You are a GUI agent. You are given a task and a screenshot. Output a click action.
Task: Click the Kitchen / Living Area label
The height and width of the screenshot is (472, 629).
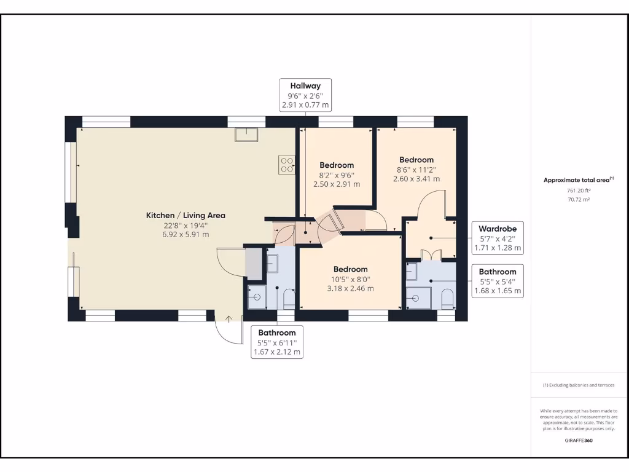(185, 215)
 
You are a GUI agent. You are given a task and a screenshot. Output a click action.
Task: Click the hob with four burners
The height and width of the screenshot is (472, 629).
(287, 164)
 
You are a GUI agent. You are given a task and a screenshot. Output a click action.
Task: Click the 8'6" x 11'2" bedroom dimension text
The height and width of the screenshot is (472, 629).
(416, 170)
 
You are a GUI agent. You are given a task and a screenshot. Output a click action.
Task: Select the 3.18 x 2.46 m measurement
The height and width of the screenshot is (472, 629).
(350, 288)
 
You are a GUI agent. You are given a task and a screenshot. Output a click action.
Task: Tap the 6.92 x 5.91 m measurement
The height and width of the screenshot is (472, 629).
(185, 234)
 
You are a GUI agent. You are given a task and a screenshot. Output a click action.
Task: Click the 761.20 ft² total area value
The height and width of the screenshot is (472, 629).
(578, 191)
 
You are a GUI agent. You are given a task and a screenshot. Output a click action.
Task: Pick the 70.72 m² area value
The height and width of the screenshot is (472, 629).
(578, 200)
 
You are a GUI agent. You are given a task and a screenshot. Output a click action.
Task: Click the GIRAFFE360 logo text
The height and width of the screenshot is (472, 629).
(578, 440)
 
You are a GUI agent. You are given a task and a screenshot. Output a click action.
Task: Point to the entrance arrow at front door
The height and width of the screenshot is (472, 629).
(229, 318)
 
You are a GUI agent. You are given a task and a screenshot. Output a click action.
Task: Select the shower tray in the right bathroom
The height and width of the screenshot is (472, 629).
(418, 298)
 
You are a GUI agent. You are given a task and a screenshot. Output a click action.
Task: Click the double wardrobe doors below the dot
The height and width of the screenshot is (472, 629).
(431, 253)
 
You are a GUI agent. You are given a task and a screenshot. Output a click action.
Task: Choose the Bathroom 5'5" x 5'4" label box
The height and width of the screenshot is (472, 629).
(498, 281)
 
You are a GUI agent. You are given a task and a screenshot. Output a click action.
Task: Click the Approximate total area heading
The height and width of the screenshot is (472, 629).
(578, 180)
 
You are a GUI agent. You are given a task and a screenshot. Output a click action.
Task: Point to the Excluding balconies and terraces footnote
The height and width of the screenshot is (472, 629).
(578, 385)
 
